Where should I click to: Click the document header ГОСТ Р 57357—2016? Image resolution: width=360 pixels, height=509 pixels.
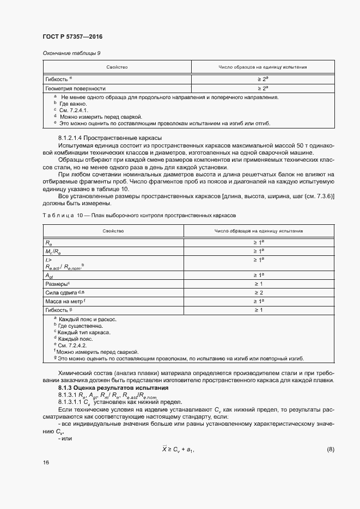coord(72,36)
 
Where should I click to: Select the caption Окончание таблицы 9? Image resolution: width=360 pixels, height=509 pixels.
coord(71,53)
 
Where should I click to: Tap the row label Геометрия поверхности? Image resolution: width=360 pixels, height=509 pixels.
coord(75,88)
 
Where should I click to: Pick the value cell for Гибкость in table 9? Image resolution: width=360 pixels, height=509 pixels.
coord(263,79)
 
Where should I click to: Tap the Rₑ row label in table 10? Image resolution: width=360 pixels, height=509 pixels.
coord(48,242)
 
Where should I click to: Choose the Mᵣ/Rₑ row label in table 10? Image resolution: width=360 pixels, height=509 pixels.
coord(52,251)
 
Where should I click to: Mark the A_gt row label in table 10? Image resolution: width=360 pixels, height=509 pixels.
coord(50,275)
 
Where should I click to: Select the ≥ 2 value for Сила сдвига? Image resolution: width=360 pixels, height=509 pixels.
coord(259,293)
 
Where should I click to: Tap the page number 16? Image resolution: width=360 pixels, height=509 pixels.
coord(46,477)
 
